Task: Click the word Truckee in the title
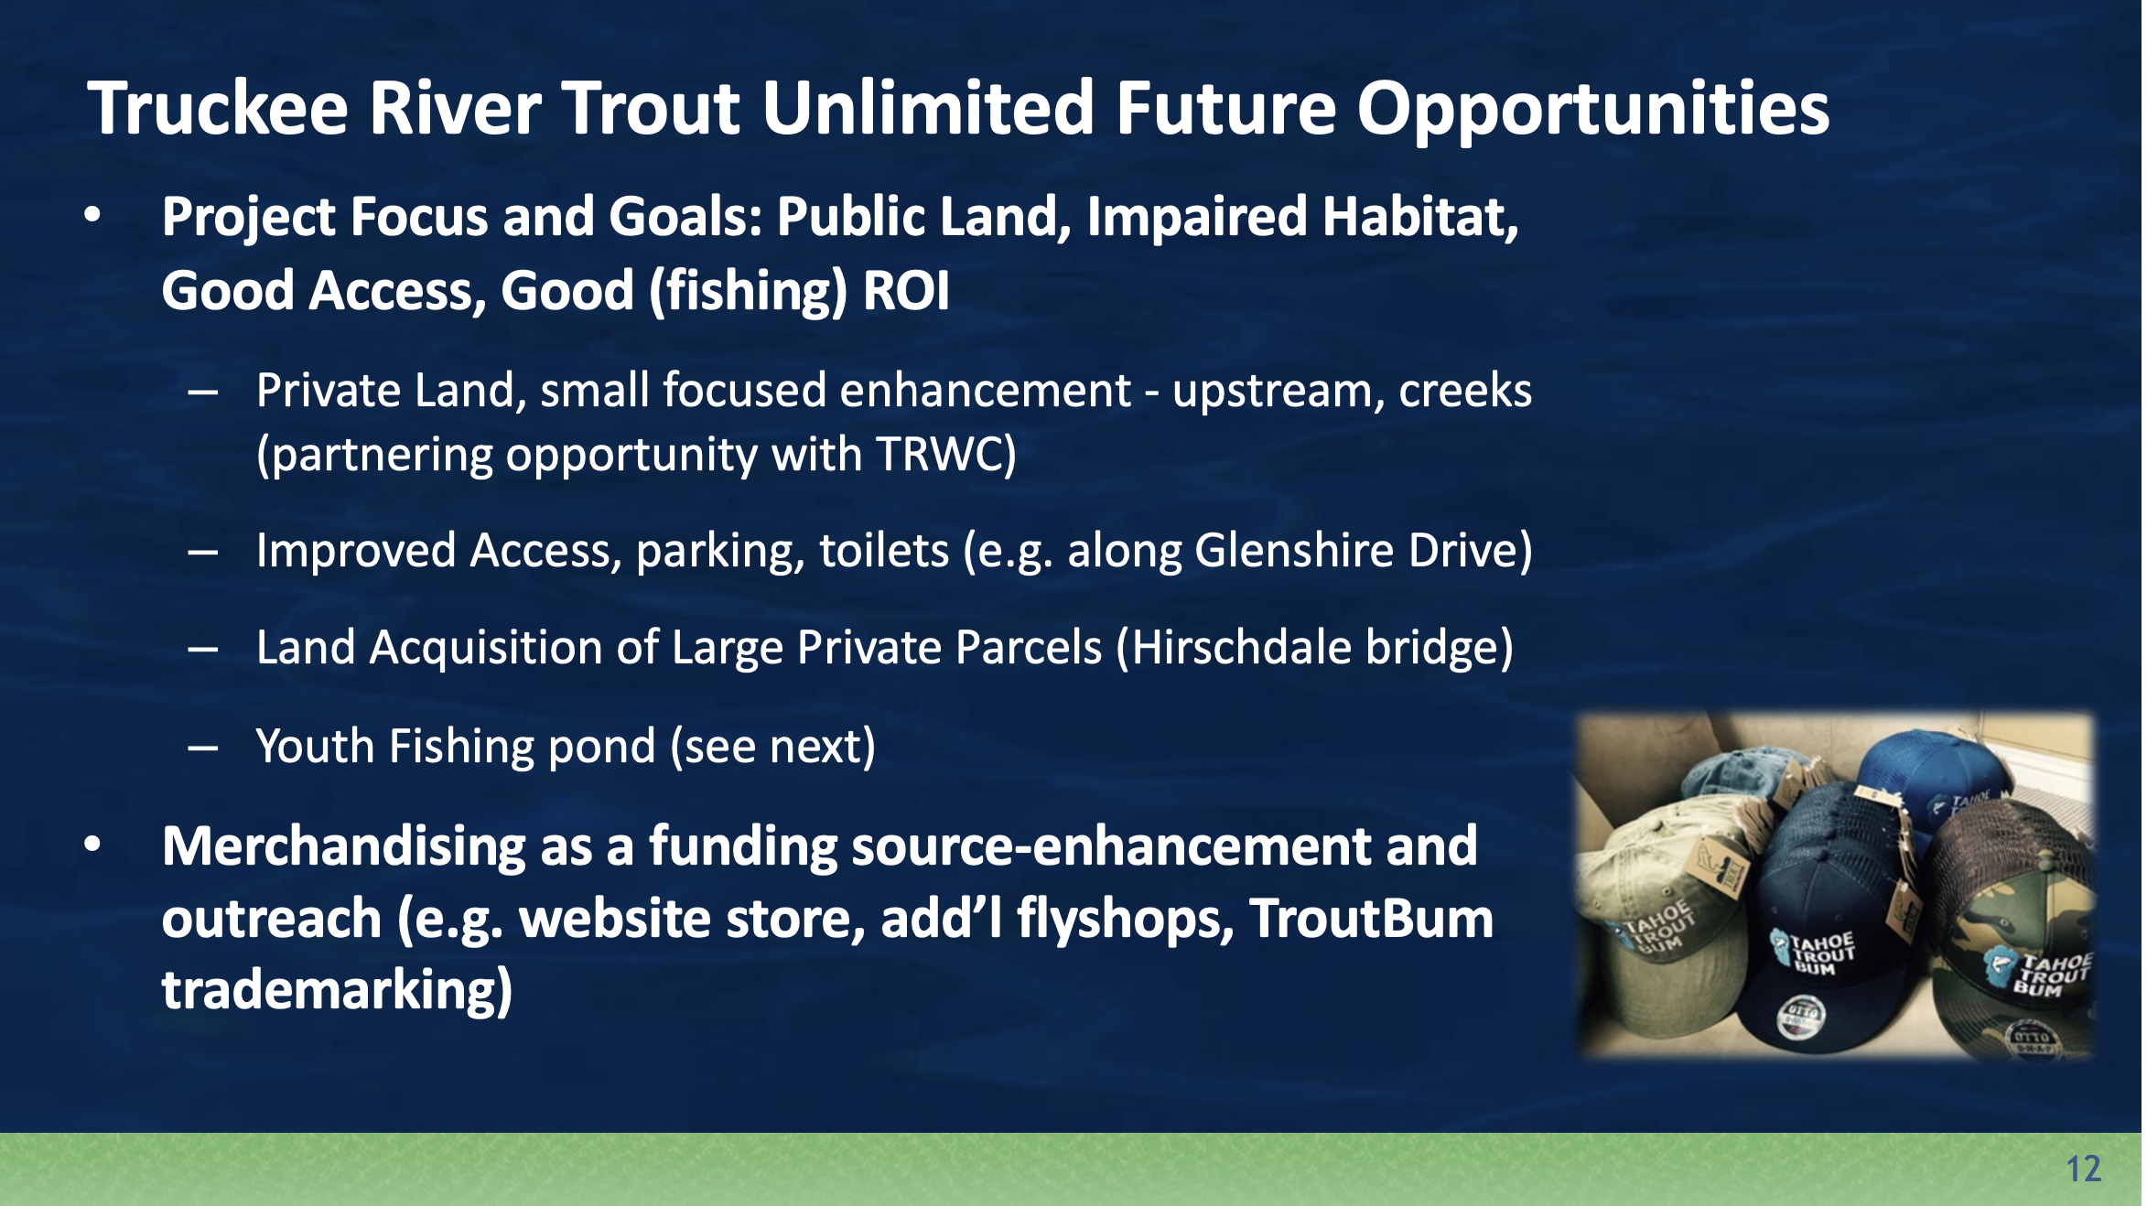[x=218, y=109]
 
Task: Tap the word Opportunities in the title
[x=1591, y=109]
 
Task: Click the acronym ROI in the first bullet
[x=906, y=291]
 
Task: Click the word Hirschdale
[x=1241, y=648]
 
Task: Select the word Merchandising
[x=343, y=846]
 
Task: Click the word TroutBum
[x=1371, y=919]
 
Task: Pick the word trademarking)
[x=337, y=991]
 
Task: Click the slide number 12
[x=2083, y=1169]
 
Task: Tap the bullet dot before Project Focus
[x=92, y=216]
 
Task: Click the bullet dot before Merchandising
[x=92, y=845]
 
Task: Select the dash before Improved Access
[x=202, y=553]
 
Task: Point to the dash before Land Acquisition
[x=202, y=650]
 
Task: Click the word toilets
[x=884, y=551]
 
